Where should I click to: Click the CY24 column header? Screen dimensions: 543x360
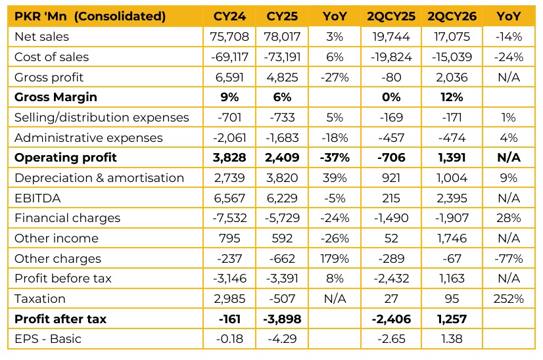coord(229,16)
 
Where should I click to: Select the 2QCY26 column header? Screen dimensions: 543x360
coord(452,16)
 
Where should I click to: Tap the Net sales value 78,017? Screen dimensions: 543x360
coord(282,37)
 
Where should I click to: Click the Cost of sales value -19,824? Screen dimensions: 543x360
coord(391,56)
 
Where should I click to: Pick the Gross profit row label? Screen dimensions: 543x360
coord(49,78)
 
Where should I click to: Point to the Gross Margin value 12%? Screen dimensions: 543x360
coord(452,97)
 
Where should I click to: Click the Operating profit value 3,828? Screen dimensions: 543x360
coord(229,158)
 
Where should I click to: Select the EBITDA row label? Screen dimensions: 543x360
coord(37,198)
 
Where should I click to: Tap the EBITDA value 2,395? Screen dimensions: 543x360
coord(452,198)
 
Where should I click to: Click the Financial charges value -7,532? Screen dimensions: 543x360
coord(229,218)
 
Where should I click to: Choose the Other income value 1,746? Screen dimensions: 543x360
coord(452,238)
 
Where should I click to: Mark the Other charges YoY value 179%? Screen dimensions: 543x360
coord(335,259)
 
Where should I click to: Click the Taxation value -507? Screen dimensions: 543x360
coord(282,299)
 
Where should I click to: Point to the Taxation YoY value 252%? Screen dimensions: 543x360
coord(508,299)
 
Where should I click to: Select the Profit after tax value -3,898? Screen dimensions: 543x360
coord(282,319)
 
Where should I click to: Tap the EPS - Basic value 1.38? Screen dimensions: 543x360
coord(452,339)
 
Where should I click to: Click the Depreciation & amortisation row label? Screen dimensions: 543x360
coord(99,178)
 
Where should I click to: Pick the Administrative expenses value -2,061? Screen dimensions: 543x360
coord(229,138)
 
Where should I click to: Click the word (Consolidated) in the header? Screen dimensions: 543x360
coord(120,16)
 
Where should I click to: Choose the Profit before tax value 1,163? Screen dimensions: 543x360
coord(452,279)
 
